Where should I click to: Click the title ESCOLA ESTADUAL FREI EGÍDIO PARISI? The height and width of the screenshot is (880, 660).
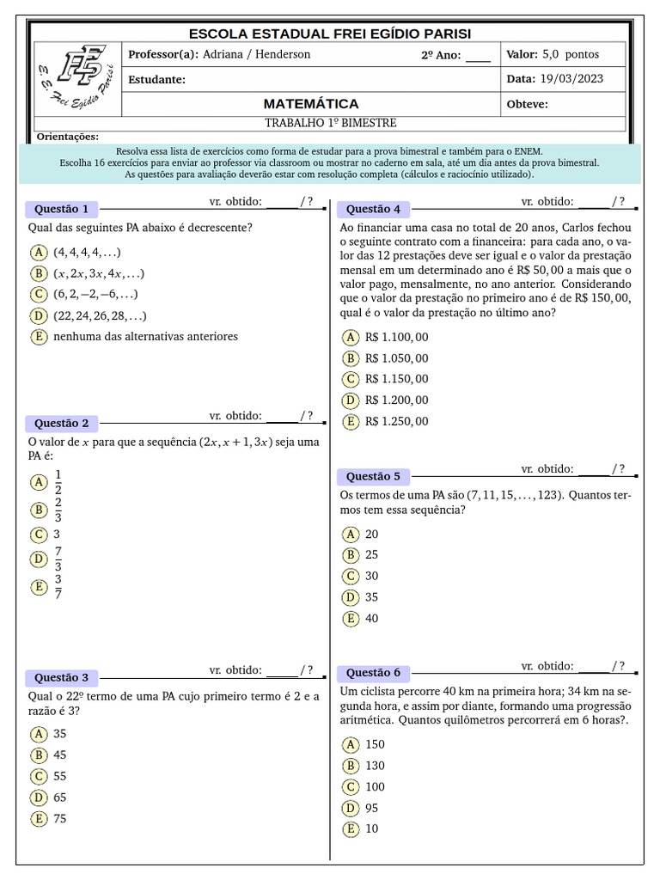tap(330, 34)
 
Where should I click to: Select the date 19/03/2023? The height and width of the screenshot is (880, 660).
tap(571, 79)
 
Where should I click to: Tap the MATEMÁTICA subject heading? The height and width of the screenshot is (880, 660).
tap(311, 104)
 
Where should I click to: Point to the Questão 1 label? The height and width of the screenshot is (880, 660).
tap(61, 209)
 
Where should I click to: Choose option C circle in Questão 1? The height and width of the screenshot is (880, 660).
tap(38, 294)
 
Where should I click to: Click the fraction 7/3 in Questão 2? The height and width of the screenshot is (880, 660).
tap(58, 559)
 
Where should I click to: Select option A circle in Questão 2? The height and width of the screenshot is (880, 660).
tap(38, 482)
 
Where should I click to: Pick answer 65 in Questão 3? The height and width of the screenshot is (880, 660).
tap(60, 797)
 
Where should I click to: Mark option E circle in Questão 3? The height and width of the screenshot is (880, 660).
tap(38, 819)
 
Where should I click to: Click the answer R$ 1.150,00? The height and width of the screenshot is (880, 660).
tap(396, 379)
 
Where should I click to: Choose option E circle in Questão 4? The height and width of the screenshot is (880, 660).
tap(350, 421)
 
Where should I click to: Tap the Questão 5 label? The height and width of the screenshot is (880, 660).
tap(373, 476)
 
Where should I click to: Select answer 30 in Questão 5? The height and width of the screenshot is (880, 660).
tap(371, 576)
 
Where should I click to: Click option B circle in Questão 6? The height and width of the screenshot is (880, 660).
tap(350, 766)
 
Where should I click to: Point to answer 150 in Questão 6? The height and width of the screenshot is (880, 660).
tap(375, 744)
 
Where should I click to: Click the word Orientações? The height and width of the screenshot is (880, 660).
tap(68, 137)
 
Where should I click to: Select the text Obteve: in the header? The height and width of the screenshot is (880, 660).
tap(527, 105)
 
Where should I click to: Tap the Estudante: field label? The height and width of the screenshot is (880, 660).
tap(156, 79)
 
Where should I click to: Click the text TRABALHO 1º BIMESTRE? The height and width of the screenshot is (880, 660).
tap(330, 124)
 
